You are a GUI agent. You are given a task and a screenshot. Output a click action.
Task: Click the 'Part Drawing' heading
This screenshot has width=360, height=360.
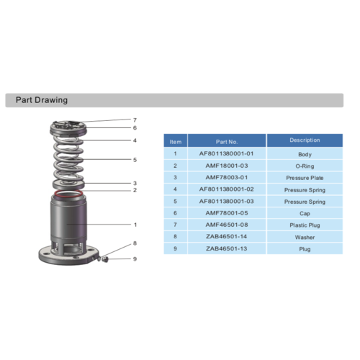tap(42, 100)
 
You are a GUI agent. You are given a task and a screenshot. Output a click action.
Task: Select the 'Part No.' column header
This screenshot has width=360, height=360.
tap(227, 142)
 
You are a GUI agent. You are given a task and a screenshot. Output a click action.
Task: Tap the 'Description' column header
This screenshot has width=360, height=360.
tap(305, 140)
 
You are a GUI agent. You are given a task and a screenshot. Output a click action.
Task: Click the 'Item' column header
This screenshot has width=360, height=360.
tap(176, 142)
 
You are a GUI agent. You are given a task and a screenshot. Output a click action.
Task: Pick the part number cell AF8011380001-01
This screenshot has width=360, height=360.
tap(227, 154)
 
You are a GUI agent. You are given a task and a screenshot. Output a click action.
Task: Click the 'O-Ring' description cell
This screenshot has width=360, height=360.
tap(305, 166)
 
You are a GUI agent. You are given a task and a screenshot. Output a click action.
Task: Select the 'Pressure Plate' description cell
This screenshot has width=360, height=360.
tap(305, 178)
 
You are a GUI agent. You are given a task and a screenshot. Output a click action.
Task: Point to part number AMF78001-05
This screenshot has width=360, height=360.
tap(227, 213)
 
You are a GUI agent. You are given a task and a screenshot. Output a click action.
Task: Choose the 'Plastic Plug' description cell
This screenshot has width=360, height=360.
tap(305, 225)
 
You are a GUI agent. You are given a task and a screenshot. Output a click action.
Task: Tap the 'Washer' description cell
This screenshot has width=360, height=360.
tap(305, 237)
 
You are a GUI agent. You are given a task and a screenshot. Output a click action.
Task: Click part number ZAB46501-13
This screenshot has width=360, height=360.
tap(227, 248)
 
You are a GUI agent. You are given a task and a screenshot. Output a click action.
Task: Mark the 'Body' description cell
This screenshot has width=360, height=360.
tap(305, 154)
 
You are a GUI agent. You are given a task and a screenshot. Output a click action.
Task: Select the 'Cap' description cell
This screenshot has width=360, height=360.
tap(305, 213)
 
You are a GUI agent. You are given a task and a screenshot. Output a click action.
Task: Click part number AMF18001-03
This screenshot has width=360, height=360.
tap(227, 166)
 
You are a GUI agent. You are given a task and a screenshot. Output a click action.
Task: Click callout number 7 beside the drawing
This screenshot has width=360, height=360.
tap(135, 120)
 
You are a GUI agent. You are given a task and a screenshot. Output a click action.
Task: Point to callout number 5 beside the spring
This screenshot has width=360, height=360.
tap(135, 159)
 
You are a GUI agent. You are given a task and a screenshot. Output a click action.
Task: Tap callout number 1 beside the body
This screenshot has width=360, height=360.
tap(135, 225)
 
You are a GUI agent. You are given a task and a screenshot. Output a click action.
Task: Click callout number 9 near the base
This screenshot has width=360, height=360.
tap(135, 258)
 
